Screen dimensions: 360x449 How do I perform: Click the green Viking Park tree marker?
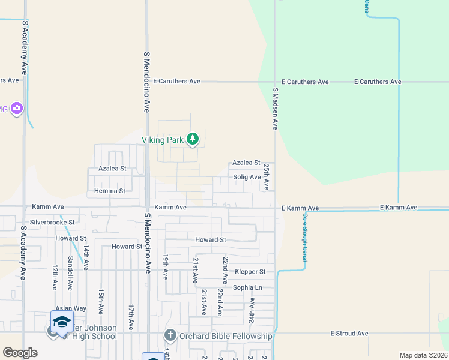click(x=192, y=140)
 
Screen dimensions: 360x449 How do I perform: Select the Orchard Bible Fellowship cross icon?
click(x=170, y=336)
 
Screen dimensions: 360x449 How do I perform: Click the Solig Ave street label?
click(x=247, y=177)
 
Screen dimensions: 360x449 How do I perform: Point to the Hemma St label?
click(x=110, y=191)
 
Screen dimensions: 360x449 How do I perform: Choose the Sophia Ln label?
click(x=247, y=287)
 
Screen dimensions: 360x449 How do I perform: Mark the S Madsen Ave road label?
click(x=276, y=109)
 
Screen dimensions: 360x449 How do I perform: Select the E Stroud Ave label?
click(x=349, y=333)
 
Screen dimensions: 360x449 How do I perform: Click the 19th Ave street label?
click(x=166, y=266)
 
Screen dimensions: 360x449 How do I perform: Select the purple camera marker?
click(x=17, y=109)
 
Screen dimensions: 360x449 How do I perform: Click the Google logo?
click(x=20, y=352)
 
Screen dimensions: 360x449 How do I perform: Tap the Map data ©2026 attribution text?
click(x=423, y=355)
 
